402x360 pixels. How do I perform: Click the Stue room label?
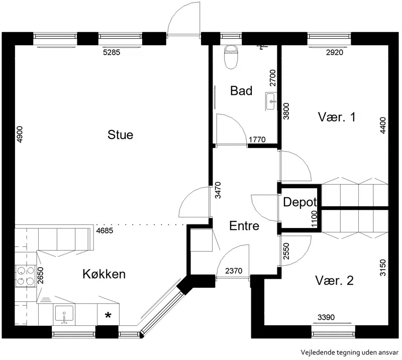point(120,135)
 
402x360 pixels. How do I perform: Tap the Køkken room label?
point(104,274)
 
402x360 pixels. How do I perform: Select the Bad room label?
point(241,91)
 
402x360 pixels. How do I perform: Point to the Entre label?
point(244,226)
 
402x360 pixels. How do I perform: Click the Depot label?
point(300,202)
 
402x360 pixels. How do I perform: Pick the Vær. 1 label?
point(337,117)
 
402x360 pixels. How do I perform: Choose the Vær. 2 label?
point(334,281)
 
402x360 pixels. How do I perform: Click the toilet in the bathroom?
point(231,57)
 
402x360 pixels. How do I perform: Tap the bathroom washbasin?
point(271,101)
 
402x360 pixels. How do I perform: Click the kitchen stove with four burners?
point(26,276)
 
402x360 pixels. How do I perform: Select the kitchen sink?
point(64,314)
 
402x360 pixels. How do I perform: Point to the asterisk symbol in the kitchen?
point(108,315)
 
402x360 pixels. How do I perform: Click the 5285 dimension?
point(112,52)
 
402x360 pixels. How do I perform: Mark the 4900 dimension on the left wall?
point(20,134)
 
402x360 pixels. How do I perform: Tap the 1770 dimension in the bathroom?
point(257,140)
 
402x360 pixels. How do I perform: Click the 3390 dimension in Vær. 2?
point(326,317)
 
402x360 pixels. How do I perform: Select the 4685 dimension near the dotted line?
point(105,230)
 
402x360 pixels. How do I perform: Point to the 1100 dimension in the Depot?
point(315,219)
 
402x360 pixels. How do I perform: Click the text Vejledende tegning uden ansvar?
point(350,352)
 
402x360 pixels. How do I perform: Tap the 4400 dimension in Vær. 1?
point(383,126)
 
